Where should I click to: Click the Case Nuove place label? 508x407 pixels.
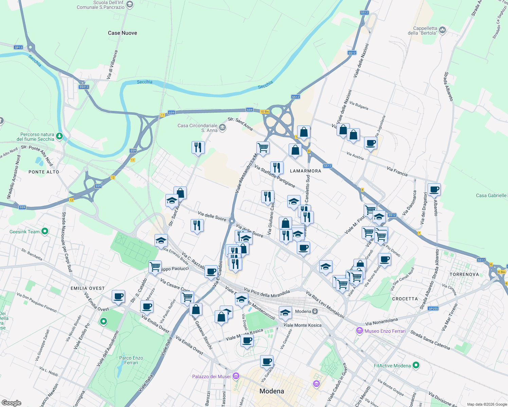(122, 33)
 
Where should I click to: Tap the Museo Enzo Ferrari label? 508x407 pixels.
(385, 331)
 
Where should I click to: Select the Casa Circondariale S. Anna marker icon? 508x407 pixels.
(222, 128)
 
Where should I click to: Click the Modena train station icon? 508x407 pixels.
(315, 311)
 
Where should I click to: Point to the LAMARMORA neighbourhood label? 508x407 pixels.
(305, 171)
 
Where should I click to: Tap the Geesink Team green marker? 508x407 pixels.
(44, 232)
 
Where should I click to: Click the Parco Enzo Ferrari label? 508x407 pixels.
(131, 360)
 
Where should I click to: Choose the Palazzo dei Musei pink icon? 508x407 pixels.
(236, 376)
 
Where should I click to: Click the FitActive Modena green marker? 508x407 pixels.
(416, 366)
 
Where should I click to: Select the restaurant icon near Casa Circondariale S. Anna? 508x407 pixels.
(198, 148)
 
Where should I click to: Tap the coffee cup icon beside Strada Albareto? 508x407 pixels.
(434, 189)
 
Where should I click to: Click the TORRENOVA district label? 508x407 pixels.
(464, 274)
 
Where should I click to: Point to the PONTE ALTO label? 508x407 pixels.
(44, 172)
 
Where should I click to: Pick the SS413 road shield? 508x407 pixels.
(84, 87)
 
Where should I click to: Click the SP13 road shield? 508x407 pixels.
(18, 47)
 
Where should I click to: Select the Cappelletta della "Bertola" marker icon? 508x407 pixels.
(442, 31)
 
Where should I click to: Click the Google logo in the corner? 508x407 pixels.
(11, 403)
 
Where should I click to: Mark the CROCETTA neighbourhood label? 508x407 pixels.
(405, 299)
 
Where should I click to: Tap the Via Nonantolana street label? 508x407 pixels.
(381, 321)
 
